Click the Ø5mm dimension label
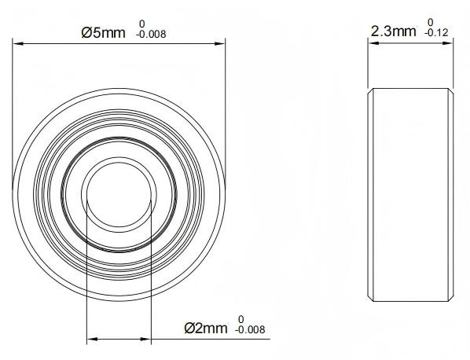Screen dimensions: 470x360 point(103,33)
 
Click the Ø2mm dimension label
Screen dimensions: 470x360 point(206,329)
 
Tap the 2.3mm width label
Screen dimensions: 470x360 point(394,31)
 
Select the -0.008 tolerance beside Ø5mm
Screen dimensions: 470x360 point(151,35)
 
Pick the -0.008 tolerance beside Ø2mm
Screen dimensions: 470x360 point(250,330)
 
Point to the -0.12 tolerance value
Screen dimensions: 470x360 point(436,33)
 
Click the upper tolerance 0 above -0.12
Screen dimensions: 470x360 point(431,22)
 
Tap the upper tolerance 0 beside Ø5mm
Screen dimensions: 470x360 point(142,24)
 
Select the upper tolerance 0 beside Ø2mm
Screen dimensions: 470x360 point(241,319)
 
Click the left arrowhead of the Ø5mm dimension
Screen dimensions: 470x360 point(18,44)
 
